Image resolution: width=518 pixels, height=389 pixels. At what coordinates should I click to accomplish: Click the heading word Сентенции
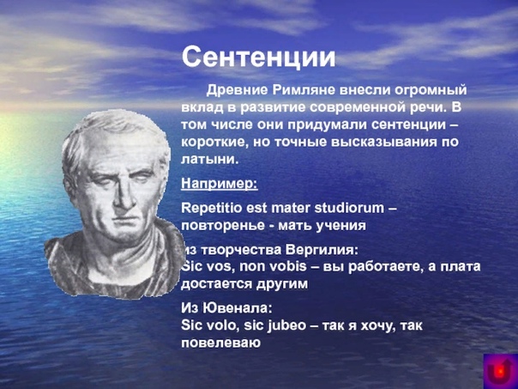[258, 58]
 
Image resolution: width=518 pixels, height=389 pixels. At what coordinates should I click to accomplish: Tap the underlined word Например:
[220, 184]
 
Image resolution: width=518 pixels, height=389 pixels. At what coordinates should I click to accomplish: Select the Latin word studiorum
[349, 208]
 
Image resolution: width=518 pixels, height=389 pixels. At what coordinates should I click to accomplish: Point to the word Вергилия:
[322, 250]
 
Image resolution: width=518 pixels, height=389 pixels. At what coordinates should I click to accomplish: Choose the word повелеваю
[220, 343]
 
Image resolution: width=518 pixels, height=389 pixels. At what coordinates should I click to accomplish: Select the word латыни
[210, 160]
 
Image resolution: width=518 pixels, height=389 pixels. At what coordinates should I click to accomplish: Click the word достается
[212, 284]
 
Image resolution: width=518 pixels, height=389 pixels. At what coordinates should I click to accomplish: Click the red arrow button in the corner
[500, 371]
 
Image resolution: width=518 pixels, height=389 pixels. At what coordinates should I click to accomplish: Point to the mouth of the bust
[126, 219]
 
